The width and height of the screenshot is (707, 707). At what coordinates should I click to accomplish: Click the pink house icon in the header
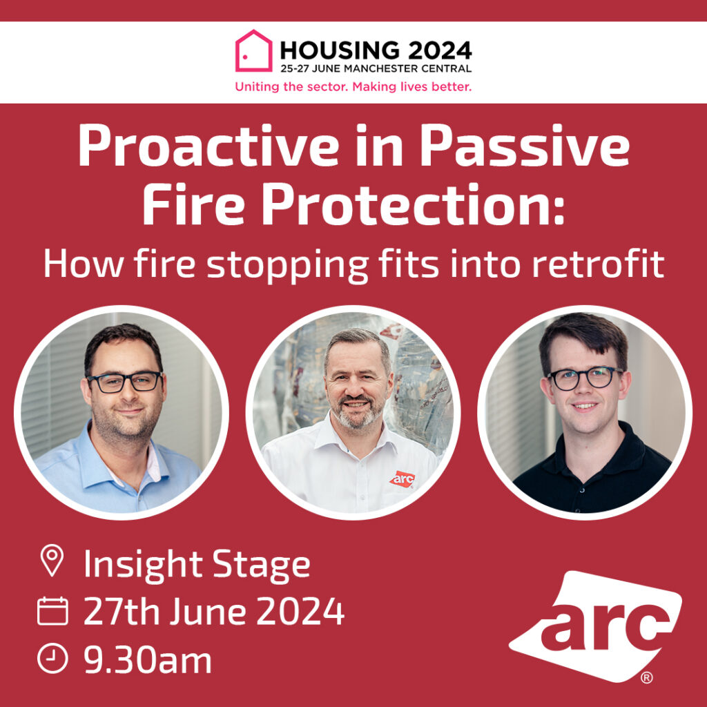[254, 50]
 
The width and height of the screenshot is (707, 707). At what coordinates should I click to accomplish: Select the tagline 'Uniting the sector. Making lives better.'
[353, 86]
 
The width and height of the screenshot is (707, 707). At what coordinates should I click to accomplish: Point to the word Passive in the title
[525, 146]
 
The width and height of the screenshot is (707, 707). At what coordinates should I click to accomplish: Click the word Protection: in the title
[413, 204]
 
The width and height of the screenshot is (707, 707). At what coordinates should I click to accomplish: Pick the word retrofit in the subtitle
[599, 264]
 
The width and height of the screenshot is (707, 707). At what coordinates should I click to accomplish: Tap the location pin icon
[52, 560]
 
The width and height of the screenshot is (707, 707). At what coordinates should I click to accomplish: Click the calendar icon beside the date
[52, 611]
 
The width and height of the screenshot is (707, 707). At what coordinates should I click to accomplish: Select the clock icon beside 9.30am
[52, 658]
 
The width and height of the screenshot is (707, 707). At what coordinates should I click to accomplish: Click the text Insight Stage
[197, 565]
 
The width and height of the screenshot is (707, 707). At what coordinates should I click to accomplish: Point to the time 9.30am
[148, 660]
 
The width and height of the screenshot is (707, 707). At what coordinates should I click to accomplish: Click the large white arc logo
[595, 626]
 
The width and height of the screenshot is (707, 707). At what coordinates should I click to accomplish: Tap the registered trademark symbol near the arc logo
[646, 678]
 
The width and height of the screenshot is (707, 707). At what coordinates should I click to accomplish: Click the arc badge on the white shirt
[403, 479]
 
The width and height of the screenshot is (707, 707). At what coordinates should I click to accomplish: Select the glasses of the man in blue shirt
[125, 382]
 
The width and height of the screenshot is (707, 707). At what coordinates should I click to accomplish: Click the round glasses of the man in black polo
[584, 378]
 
